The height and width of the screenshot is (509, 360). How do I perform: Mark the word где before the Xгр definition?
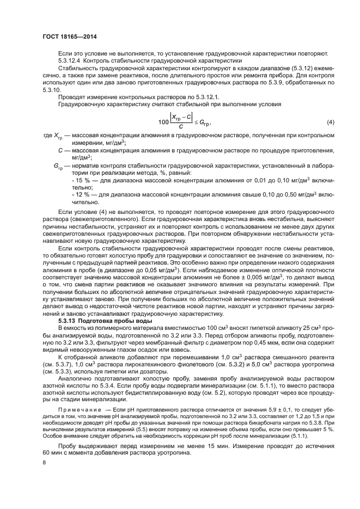(48, 150)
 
